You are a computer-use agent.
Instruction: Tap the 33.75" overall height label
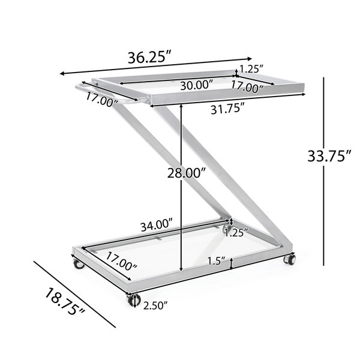pyautogui.click(x=329, y=156)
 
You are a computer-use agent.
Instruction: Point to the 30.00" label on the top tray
pyautogui.click(x=197, y=86)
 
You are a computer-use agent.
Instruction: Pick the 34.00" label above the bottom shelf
pyautogui.click(x=157, y=226)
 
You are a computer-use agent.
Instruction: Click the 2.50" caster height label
pyautogui.click(x=155, y=305)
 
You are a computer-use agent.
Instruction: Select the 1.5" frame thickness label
pyautogui.click(x=216, y=260)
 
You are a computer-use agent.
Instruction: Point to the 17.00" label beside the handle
pyautogui.click(x=102, y=100)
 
